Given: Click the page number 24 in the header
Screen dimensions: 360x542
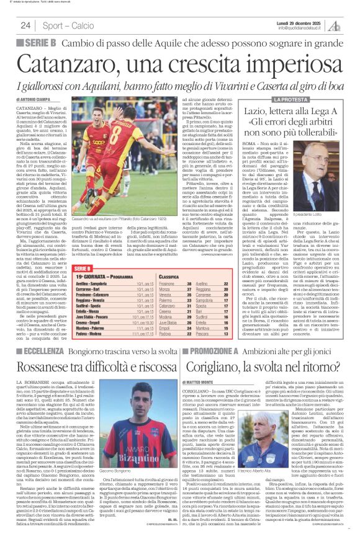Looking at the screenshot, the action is click(x=25, y=25).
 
